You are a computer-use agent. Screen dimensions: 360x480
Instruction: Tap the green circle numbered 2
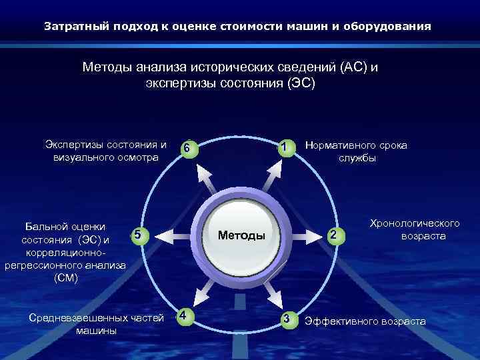tap(335, 235)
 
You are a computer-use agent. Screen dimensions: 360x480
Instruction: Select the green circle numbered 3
tap(287, 319)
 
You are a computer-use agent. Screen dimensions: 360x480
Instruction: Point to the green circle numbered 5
tap(136, 234)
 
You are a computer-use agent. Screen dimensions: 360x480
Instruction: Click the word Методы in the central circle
tap(241, 235)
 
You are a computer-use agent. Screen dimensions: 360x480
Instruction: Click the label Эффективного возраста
tap(365, 321)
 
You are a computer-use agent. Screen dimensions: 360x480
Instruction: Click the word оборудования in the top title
tap(393, 27)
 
